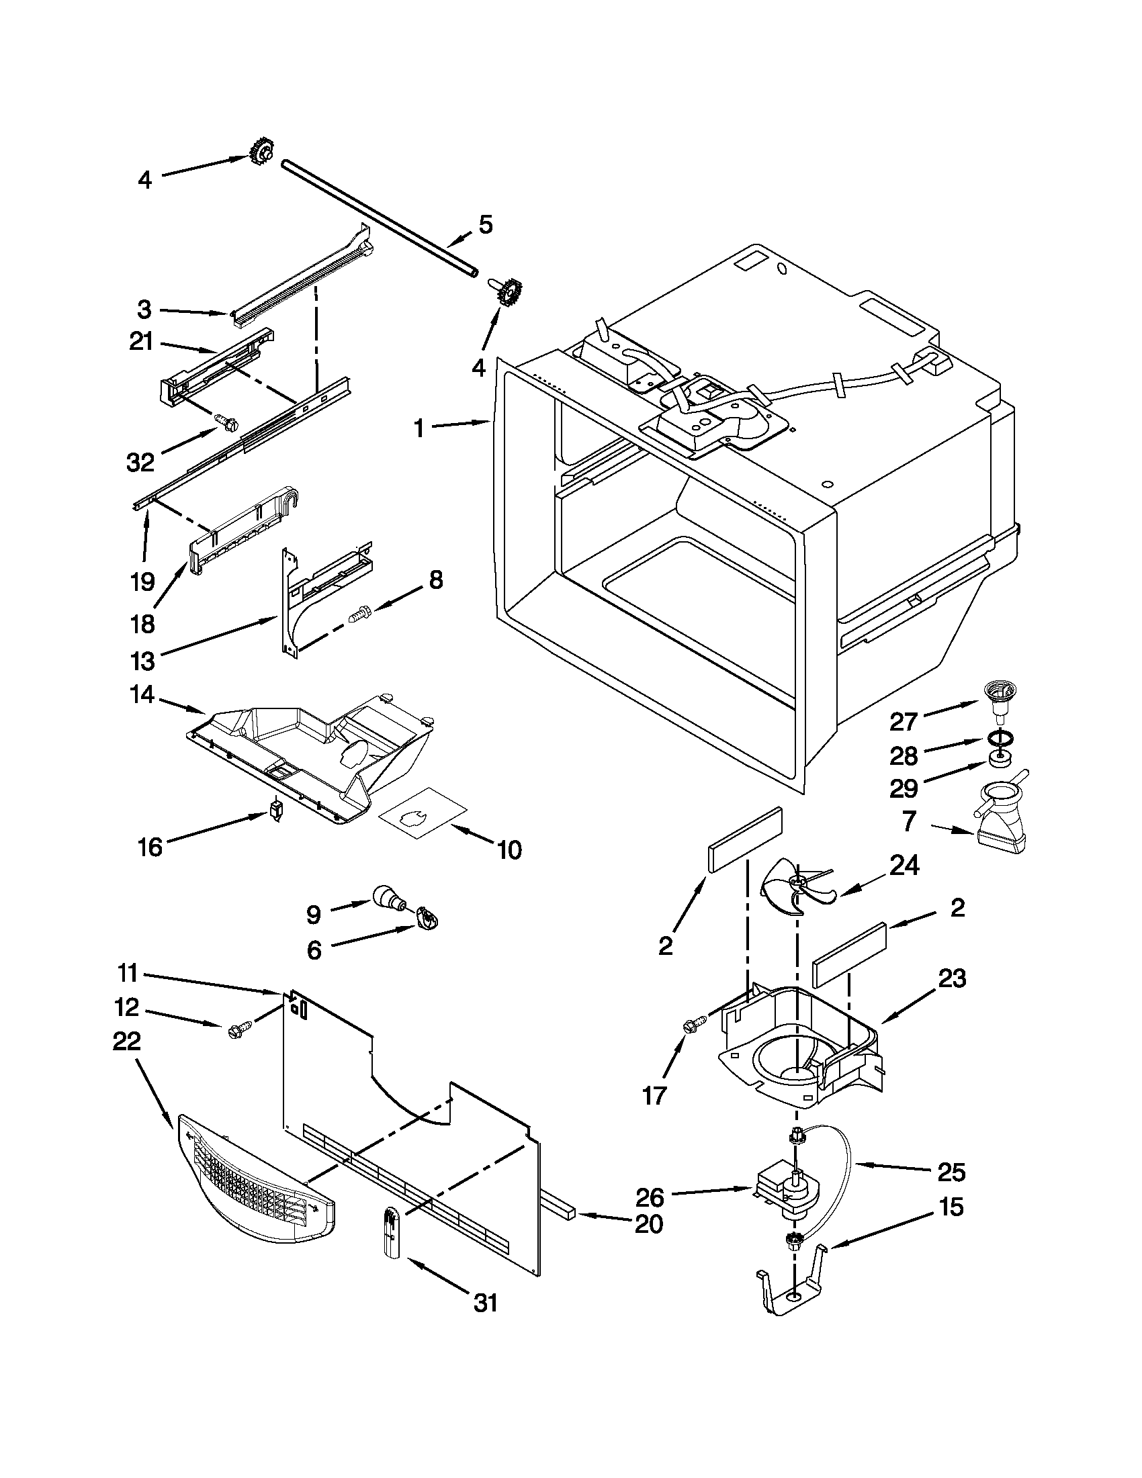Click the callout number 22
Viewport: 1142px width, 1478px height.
[x=126, y=1041]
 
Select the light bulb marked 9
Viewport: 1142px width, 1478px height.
[x=386, y=898]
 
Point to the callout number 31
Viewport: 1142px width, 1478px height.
[x=486, y=1302]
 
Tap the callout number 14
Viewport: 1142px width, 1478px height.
[x=143, y=695]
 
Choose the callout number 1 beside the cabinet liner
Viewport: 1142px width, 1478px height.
[x=419, y=428]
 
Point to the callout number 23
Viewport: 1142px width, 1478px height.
[x=952, y=978]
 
